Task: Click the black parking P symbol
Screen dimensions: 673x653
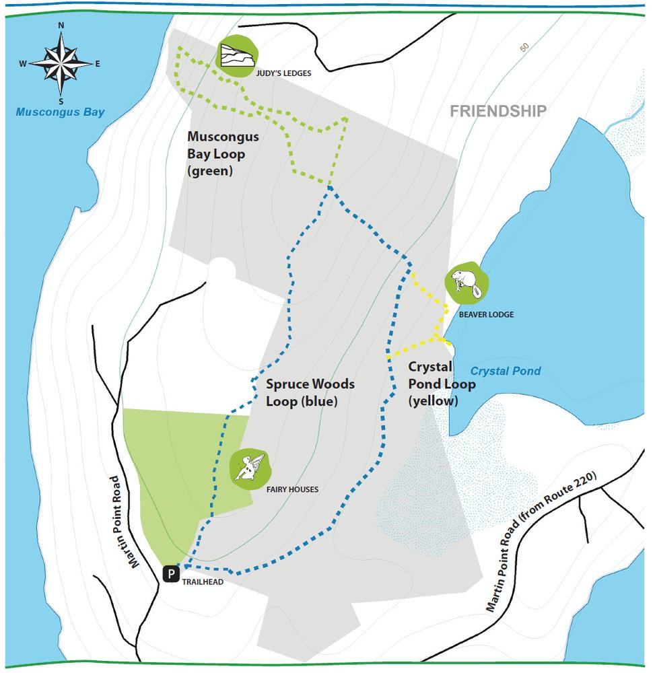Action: [x=172, y=573]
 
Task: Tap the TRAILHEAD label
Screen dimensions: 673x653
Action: [x=203, y=582]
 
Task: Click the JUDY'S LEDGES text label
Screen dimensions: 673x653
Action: [x=283, y=73]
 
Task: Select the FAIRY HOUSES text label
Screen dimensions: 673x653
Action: [x=291, y=489]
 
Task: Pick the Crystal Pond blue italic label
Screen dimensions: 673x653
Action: [x=505, y=371]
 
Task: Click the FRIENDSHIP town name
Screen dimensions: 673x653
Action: [x=497, y=111]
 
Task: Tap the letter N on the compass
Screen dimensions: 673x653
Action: [x=61, y=26]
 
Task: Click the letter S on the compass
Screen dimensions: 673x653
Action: [x=61, y=102]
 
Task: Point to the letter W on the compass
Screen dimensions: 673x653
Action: [x=23, y=64]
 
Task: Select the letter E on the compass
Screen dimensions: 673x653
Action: [x=98, y=64]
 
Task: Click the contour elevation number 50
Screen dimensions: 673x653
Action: [x=524, y=48]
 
